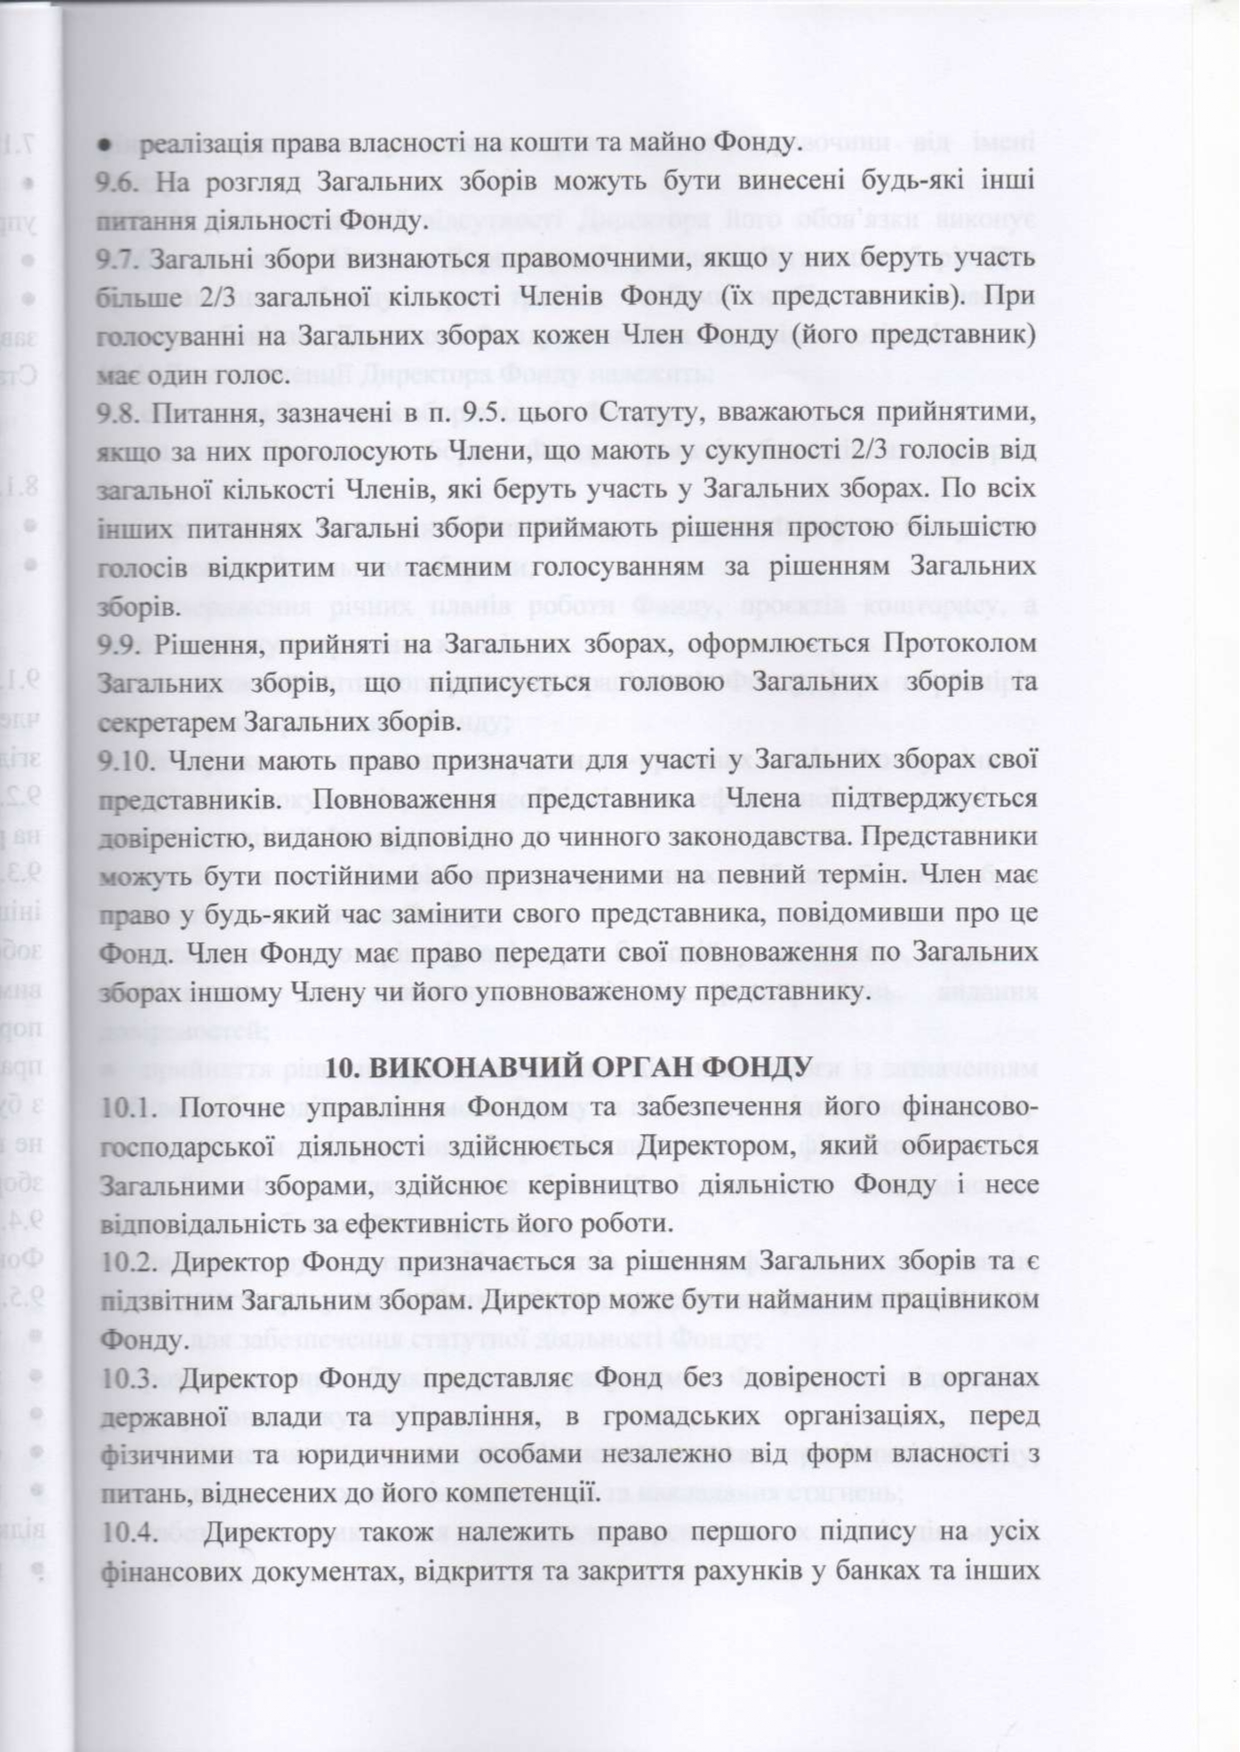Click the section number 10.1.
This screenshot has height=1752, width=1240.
pos(130,1107)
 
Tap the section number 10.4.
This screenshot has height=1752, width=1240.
pos(130,1533)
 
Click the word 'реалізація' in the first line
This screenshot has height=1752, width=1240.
pos(190,145)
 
